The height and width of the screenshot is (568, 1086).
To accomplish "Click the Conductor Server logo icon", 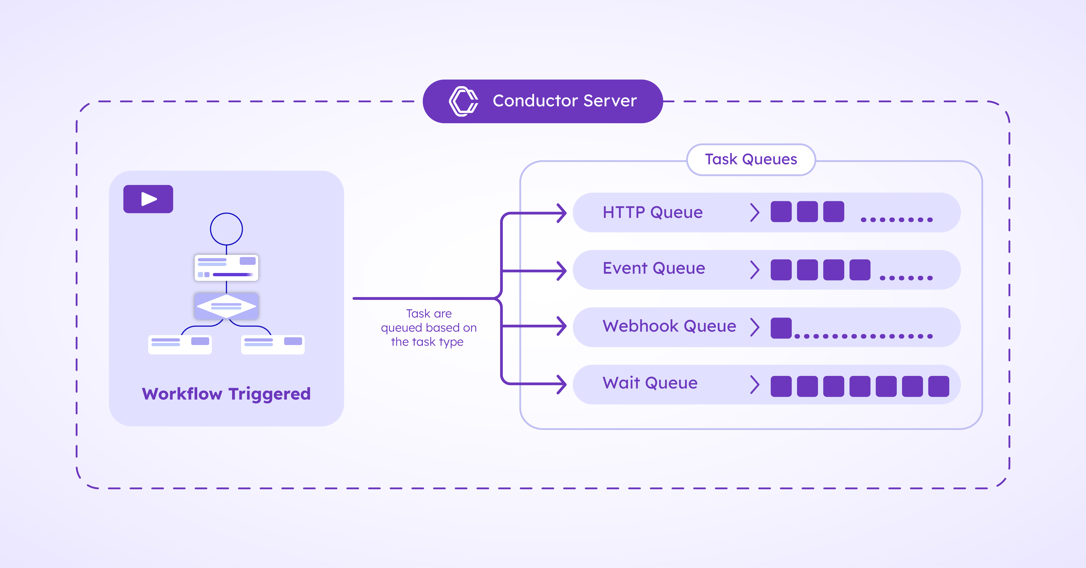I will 463,101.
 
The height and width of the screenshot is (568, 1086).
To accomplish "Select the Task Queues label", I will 751,159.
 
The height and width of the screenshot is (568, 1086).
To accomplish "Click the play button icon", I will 148,199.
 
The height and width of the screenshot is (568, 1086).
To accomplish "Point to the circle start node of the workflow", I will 226,229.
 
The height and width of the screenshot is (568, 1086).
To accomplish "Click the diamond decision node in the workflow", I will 226,306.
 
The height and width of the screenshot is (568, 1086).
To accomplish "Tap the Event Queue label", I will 654,268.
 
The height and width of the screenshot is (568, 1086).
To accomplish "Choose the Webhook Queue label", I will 669,326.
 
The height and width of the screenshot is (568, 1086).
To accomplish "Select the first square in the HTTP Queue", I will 781,212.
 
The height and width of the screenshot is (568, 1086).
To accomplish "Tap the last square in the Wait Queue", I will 939,386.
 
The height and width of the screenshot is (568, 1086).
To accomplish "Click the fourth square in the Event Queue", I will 860,270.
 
